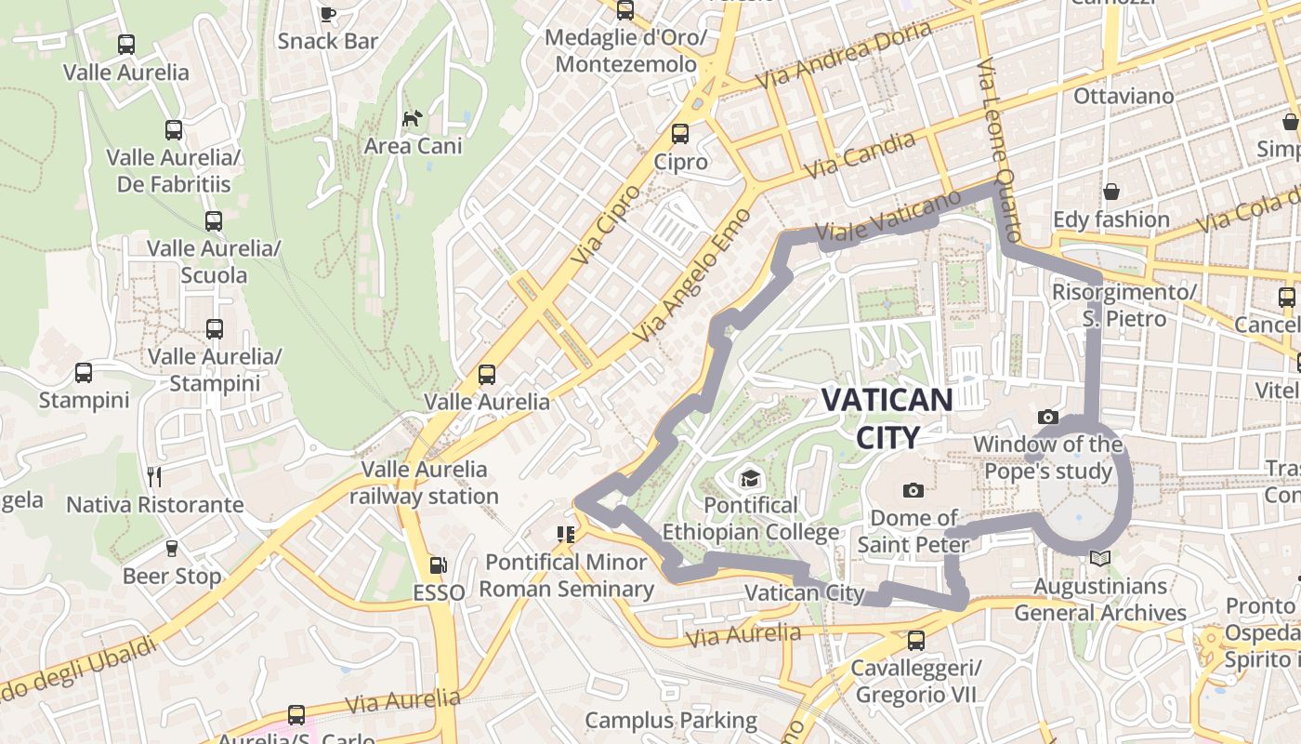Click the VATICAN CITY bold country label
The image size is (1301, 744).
click(887, 418)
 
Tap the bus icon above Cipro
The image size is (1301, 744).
click(680, 134)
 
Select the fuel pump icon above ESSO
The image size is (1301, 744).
click(437, 565)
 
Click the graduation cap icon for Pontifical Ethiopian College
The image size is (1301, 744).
click(749, 479)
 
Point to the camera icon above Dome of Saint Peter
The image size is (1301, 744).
click(913, 490)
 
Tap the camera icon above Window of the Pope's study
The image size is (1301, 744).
click(1048, 418)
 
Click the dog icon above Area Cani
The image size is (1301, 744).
click(412, 118)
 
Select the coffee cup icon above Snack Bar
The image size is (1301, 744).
click(327, 14)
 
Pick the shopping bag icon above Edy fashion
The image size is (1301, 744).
click(1111, 193)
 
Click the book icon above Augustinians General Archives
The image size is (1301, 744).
click(1100, 559)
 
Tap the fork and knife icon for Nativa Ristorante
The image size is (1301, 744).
click(154, 477)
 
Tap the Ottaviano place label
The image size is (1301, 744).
click(1124, 96)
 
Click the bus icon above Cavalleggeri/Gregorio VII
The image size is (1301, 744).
click(916, 640)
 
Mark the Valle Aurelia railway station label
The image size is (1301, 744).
click(425, 483)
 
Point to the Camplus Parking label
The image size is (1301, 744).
click(671, 720)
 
